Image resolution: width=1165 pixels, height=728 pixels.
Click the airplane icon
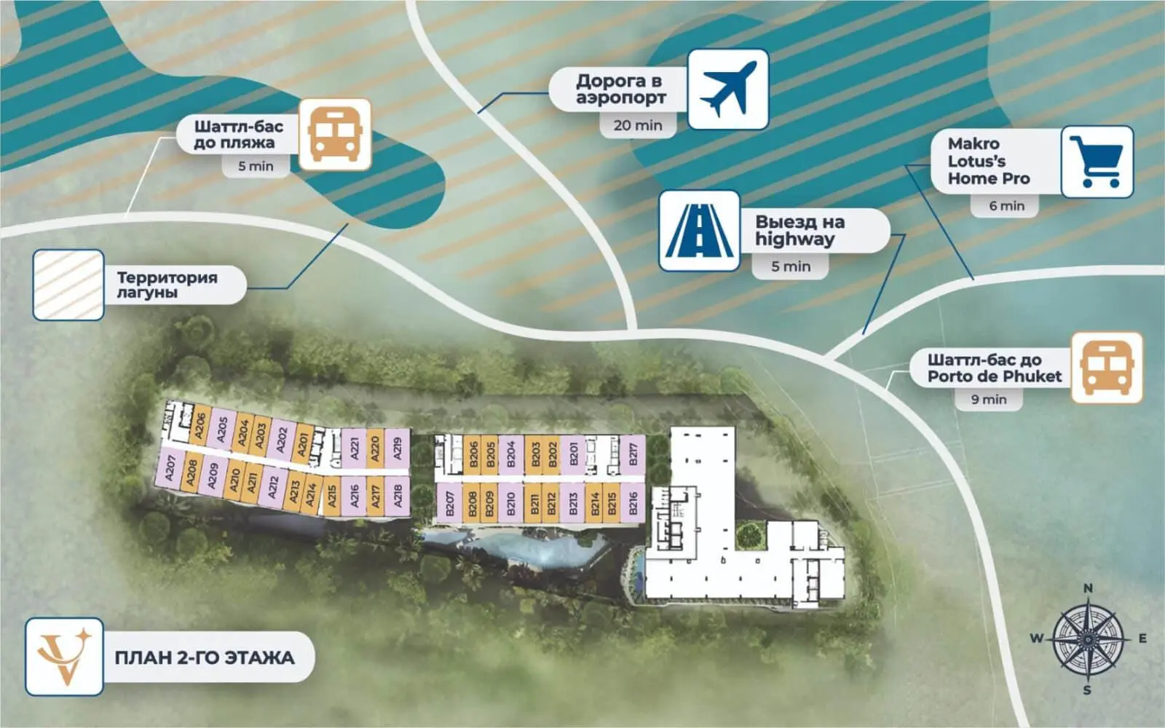[727, 89]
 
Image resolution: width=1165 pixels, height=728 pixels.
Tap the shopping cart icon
[1097, 162]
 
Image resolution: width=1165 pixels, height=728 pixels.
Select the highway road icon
[700, 230]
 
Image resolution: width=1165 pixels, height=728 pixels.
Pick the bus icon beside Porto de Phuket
[1107, 368]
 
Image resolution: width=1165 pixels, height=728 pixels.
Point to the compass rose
[1088, 639]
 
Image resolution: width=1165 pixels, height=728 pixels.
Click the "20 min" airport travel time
[638, 125]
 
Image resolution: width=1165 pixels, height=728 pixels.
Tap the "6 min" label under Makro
[1007, 206]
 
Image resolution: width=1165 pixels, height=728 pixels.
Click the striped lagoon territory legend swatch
[68, 285]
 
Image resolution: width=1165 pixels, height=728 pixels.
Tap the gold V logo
[64, 657]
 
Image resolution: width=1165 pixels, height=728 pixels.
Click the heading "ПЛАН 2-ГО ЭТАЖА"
[205, 658]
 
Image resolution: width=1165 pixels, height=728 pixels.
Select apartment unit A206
[200, 425]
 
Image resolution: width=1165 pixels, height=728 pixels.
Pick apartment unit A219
[398, 448]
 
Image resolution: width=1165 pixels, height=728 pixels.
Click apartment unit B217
[633, 454]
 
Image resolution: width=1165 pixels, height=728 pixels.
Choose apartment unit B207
[450, 503]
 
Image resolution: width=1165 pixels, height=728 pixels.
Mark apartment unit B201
[574, 454]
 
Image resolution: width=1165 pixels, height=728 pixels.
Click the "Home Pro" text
[989, 179]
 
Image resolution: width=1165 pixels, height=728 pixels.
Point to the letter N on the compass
[1088, 588]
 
